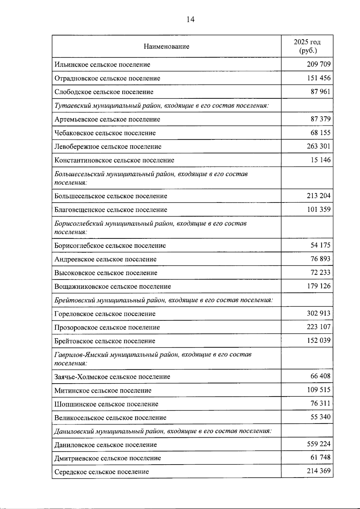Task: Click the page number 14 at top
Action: click(190, 19)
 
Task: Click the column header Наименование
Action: click(166, 46)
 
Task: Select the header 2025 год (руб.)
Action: click(307, 46)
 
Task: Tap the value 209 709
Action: click(318, 64)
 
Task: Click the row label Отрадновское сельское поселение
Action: click(107, 78)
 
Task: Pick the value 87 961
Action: click(320, 91)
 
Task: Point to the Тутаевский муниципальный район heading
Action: click(161, 106)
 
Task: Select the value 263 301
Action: click(318, 146)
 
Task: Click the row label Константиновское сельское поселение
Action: click(114, 160)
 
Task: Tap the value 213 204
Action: click(318, 196)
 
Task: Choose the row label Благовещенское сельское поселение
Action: click(110, 210)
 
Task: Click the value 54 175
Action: click(320, 245)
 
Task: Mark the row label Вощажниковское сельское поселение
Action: click(112, 286)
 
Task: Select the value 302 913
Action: click(318, 313)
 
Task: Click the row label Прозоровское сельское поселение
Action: click(107, 328)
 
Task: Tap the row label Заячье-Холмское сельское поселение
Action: click(112, 377)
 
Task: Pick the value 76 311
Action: click(320, 403)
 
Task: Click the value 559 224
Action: click(318, 444)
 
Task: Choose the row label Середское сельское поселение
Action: click(101, 472)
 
